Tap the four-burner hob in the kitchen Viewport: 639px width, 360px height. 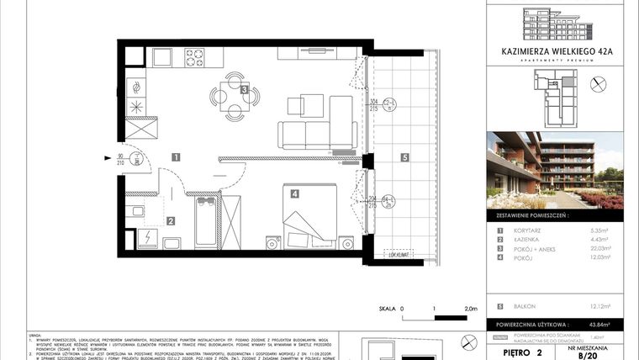coord(195,58)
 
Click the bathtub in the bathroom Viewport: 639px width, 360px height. coord(206,222)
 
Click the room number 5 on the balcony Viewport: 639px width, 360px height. coord(404,156)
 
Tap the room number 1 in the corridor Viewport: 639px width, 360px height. coord(176,156)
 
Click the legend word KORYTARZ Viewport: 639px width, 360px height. coord(528,230)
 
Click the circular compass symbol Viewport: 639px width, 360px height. coord(599,83)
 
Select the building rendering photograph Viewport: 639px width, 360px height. coord(555,171)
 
